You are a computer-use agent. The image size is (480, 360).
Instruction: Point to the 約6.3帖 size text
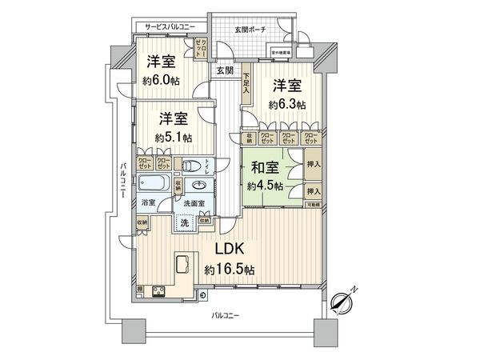click(x=287, y=104)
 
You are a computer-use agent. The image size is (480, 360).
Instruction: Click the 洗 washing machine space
click(x=184, y=222)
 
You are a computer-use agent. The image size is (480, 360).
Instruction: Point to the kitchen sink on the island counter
click(x=182, y=263)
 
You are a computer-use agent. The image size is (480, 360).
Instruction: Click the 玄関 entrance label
click(x=224, y=70)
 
